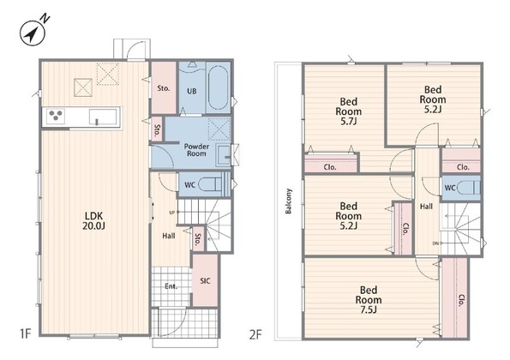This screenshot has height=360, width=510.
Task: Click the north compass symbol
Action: (33, 33)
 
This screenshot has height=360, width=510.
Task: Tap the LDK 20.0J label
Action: (93, 221)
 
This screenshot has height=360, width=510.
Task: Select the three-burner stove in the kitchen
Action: (55, 116)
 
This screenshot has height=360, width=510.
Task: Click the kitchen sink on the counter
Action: (103, 117)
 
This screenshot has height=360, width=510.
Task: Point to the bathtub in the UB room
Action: (217, 87)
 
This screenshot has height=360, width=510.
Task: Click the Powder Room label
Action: (196, 150)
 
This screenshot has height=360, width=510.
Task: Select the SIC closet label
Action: (205, 281)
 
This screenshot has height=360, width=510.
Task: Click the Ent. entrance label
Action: (171, 286)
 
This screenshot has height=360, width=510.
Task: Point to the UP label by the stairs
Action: (172, 213)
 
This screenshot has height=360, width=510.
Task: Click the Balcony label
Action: (289, 201)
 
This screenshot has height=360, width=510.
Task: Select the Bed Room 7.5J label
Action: (369, 299)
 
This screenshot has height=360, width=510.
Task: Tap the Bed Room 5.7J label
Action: (348, 111)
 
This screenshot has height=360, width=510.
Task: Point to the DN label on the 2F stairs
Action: (435, 243)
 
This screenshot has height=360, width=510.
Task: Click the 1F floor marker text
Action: (26, 333)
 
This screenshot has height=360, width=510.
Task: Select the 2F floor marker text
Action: (255, 334)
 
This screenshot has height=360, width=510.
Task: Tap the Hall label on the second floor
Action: (426, 207)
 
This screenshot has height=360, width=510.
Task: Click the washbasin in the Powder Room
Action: (224, 155)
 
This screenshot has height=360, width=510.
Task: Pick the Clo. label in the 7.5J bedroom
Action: (461, 301)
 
